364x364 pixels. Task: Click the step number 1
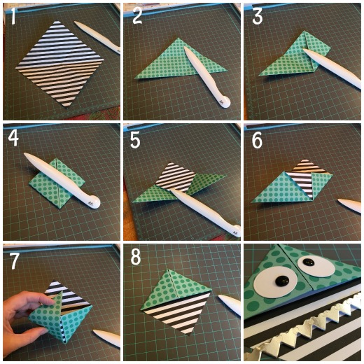(13, 15)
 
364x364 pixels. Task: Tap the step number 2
(137, 15)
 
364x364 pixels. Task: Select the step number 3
(258, 15)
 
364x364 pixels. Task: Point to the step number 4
(13, 138)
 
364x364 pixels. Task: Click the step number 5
(135, 140)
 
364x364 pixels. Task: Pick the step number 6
(257, 140)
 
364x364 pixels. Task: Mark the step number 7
(14, 260)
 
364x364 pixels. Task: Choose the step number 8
(136, 257)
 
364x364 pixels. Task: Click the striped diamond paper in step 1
(59, 64)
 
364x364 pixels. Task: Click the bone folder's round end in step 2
(224, 102)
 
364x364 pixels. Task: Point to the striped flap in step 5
(176, 177)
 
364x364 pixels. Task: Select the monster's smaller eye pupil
(308, 262)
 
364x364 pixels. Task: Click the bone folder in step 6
(349, 205)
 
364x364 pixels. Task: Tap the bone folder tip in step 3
(303, 48)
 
